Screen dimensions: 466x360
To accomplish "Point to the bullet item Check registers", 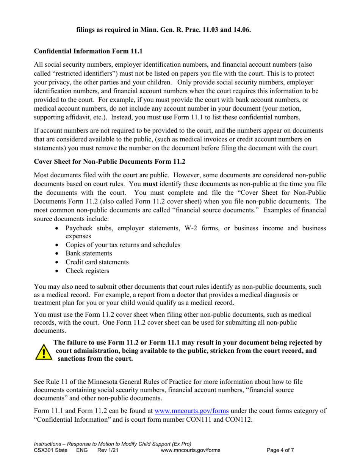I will point(87,271).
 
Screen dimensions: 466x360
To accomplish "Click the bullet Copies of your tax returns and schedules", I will point(123,244).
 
